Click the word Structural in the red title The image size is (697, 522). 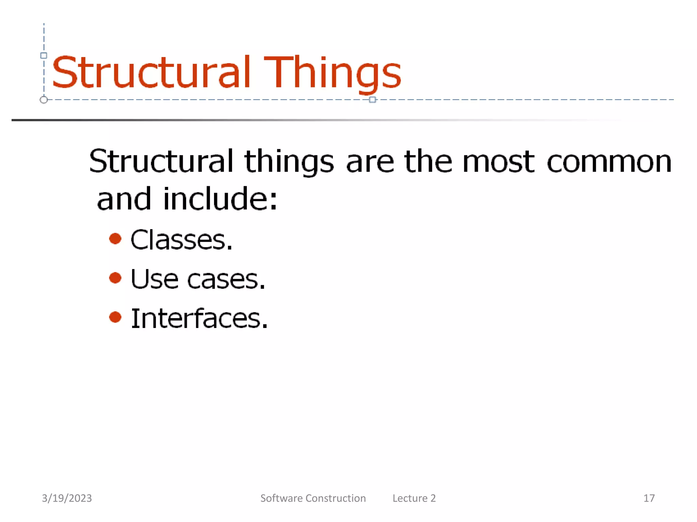tap(151, 72)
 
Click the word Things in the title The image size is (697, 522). tap(333, 72)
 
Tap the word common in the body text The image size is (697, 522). tap(609, 162)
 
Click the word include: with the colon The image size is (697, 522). tap(220, 199)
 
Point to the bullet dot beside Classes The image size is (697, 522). tap(115, 239)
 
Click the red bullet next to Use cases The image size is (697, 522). tap(115, 278)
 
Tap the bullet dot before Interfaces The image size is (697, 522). tap(115, 317)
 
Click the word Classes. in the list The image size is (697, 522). tap(181, 240)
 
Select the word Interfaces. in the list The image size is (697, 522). tap(199, 318)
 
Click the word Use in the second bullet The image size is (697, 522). tap(154, 279)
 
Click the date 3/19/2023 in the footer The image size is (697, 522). tap(67, 498)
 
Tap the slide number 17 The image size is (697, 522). tap(649, 498)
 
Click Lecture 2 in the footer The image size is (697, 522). tap(414, 498)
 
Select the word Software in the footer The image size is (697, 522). tap(281, 498)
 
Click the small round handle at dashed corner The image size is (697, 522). tap(44, 100)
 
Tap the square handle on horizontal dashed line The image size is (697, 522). tap(372, 100)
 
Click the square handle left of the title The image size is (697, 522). tap(44, 55)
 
